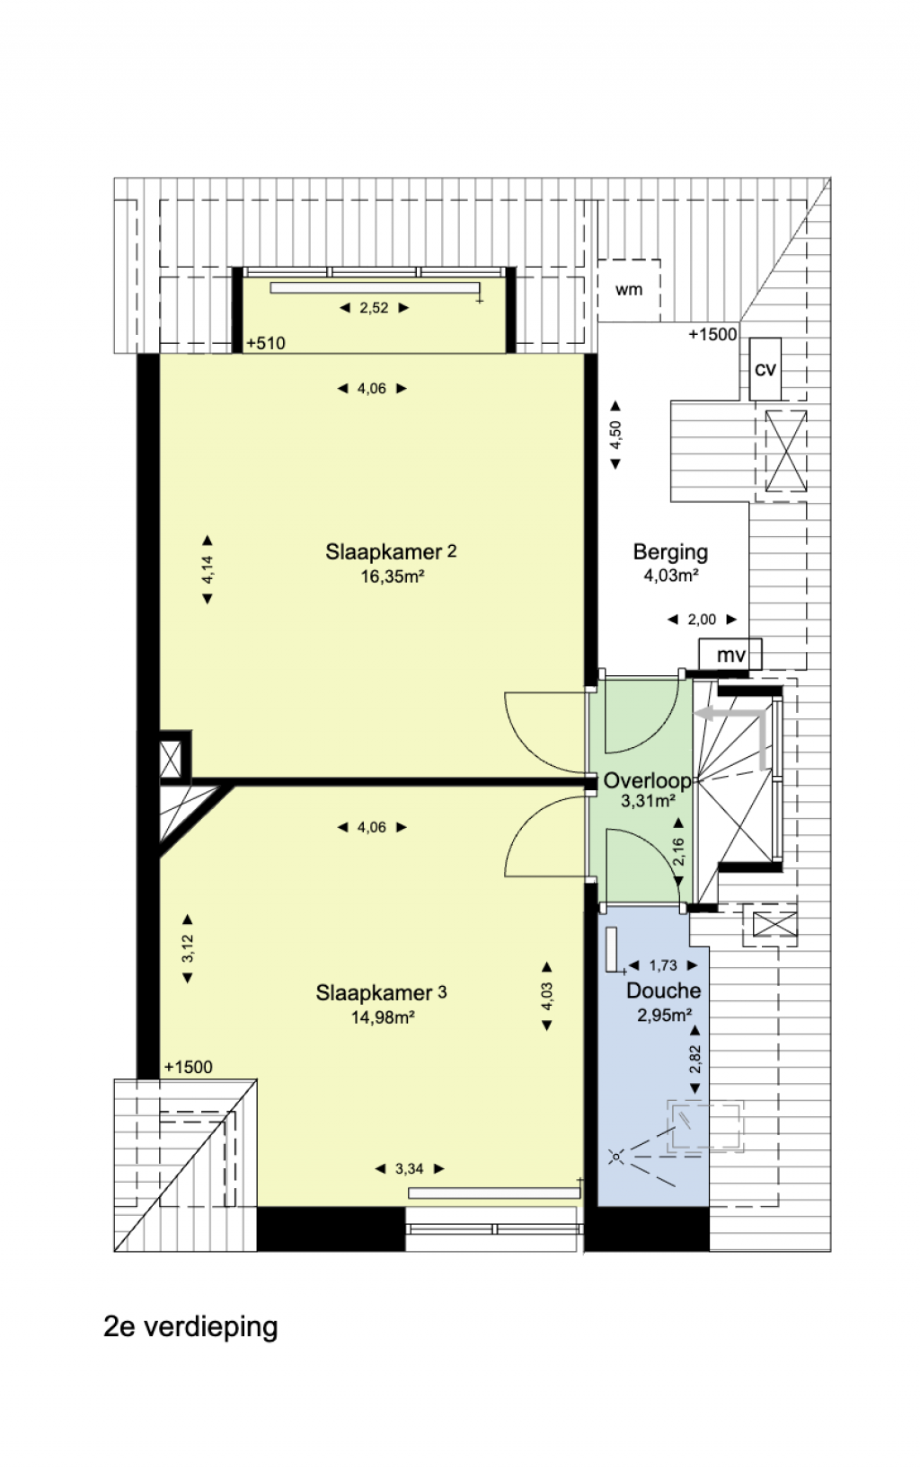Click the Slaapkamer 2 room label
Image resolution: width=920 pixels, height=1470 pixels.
pyautogui.click(x=391, y=552)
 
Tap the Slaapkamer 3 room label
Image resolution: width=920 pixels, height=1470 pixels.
pyautogui.click(x=381, y=993)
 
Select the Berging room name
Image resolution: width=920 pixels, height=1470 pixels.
pyautogui.click(x=670, y=552)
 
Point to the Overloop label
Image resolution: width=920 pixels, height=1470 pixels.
pyautogui.click(x=648, y=781)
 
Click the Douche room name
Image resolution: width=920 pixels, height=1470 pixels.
pyautogui.click(x=663, y=991)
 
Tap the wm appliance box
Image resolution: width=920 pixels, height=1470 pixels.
pyautogui.click(x=629, y=290)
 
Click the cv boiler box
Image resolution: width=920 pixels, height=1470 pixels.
pyautogui.click(x=765, y=369)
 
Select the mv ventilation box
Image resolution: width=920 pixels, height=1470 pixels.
pyautogui.click(x=730, y=655)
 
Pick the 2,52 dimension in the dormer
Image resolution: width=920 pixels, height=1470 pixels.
pyautogui.click(x=374, y=308)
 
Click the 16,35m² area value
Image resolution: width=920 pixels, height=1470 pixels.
pyautogui.click(x=392, y=577)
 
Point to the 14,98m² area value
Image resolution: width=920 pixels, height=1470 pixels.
pyautogui.click(x=383, y=1017)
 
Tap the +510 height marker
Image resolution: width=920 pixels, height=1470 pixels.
pyautogui.click(x=265, y=343)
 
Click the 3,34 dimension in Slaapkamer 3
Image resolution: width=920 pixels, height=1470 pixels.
pyautogui.click(x=410, y=1169)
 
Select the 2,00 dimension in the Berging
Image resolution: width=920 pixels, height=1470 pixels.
pyautogui.click(x=702, y=620)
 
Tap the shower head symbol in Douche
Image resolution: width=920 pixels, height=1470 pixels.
pyautogui.click(x=616, y=1157)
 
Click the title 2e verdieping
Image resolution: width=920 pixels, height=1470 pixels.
pyautogui.click(x=191, y=1326)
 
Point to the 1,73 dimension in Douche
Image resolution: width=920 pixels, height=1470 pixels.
pyautogui.click(x=663, y=965)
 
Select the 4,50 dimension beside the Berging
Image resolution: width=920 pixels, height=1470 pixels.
pyautogui.click(x=615, y=435)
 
